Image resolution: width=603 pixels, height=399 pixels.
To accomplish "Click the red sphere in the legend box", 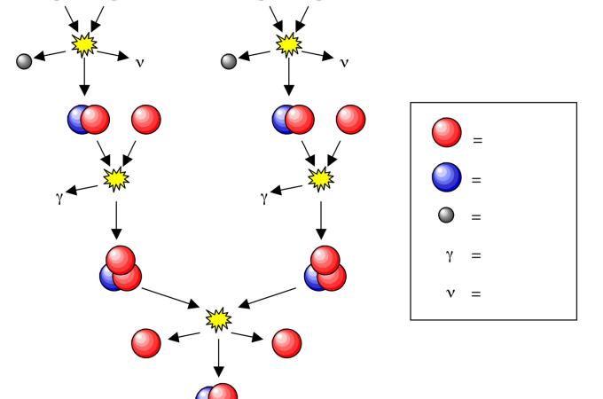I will (x=446, y=133).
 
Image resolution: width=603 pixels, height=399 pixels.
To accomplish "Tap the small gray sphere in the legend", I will (x=447, y=215).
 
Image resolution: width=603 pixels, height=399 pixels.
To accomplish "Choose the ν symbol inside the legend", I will (x=449, y=293).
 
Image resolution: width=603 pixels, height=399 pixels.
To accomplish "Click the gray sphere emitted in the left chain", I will (x=25, y=61).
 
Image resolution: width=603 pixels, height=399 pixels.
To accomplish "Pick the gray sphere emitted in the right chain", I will (x=229, y=61).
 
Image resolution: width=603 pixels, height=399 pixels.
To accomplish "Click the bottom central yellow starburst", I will (x=217, y=317).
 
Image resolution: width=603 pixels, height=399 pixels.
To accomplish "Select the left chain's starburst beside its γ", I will (x=116, y=179).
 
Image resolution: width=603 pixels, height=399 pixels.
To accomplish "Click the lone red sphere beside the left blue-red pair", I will (x=146, y=119).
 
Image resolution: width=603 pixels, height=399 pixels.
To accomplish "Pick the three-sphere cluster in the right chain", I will (x=325, y=269).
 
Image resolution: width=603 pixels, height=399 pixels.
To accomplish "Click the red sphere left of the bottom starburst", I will (x=146, y=342).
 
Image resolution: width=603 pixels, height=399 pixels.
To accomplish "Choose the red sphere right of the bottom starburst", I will (x=286, y=342).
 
